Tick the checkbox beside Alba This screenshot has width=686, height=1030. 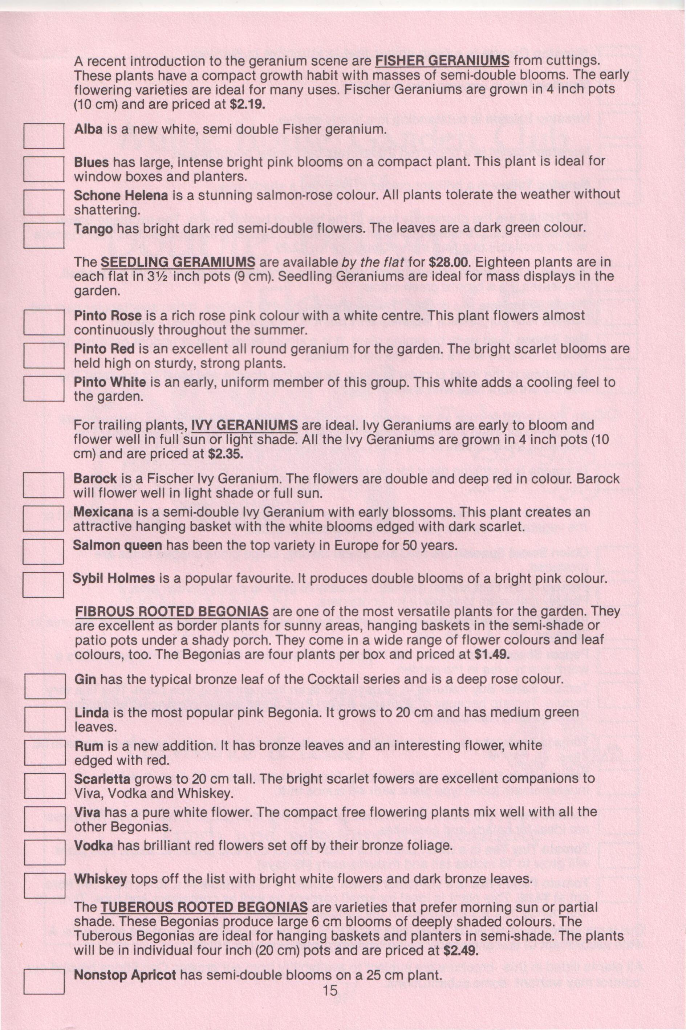click(x=44, y=136)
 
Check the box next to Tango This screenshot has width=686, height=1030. click(x=44, y=235)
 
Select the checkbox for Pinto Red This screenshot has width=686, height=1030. click(x=44, y=355)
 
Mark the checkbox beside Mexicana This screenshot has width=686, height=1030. click(x=44, y=518)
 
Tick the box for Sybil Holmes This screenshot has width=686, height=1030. click(x=44, y=585)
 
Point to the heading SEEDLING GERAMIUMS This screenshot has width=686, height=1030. click(x=178, y=262)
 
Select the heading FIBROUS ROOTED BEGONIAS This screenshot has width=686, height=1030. click(x=172, y=611)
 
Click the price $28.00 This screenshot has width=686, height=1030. click(x=449, y=262)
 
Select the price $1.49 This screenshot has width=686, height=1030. click(x=492, y=655)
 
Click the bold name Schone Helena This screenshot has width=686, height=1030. click(x=121, y=195)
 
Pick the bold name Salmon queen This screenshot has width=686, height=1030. click(x=118, y=545)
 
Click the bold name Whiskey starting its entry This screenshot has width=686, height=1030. click(x=101, y=878)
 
